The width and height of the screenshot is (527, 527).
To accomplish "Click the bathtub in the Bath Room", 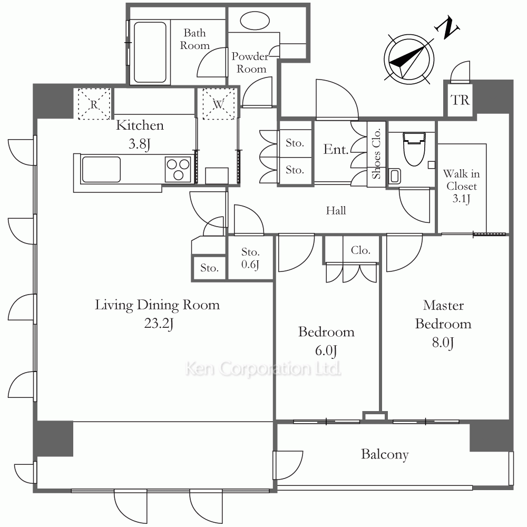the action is tap(150, 52).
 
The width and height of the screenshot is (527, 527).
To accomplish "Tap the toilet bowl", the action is tap(414, 149).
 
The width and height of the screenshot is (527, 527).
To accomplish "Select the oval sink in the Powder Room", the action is tap(255, 21).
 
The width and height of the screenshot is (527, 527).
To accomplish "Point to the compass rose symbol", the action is tap(409, 59).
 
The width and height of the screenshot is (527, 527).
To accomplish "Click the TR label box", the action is tap(460, 100).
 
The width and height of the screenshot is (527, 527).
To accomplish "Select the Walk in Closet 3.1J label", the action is tap(462, 186).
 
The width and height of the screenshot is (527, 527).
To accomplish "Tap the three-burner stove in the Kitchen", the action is tap(178, 169).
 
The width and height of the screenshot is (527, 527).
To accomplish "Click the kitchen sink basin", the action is tap(101, 169).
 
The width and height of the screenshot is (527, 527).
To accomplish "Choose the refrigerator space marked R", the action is tap(94, 104).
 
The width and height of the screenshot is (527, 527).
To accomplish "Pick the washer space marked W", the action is tap(219, 104).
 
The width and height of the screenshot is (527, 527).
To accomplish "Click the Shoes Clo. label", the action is tap(376, 153).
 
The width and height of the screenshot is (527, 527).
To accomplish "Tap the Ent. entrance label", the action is tap(336, 149).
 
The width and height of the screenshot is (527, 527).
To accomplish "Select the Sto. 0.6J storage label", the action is tap(250, 258).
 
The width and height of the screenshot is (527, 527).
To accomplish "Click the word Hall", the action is tap(336, 211).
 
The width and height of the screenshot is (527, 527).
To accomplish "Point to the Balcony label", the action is tap(385, 454).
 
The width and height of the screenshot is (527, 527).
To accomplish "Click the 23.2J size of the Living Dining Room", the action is tap(159, 324).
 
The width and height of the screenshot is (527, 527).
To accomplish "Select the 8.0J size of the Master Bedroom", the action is tap(443, 343).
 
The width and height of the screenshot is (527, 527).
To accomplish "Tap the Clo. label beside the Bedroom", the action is tap(360, 250).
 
